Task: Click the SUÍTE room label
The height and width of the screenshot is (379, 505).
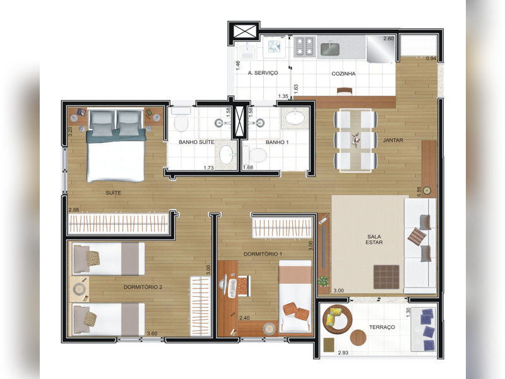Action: point(114,192)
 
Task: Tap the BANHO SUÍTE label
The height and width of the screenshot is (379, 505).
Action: point(196,142)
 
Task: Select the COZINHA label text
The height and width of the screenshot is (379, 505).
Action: point(343,74)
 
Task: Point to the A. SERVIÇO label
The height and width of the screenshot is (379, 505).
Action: point(263,73)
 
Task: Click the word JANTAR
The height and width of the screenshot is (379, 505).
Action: point(393,140)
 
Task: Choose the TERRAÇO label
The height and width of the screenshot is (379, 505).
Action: point(382,327)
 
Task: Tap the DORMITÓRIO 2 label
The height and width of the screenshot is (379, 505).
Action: point(143,287)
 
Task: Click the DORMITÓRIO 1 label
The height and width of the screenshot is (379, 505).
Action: point(263,254)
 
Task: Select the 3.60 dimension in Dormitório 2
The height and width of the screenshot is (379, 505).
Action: point(152,334)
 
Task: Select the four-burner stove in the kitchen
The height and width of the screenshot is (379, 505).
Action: point(306,45)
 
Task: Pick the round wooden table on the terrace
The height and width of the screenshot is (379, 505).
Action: point(358,337)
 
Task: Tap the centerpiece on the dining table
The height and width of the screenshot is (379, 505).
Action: point(357,138)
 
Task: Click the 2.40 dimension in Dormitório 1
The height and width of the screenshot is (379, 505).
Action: point(244,318)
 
